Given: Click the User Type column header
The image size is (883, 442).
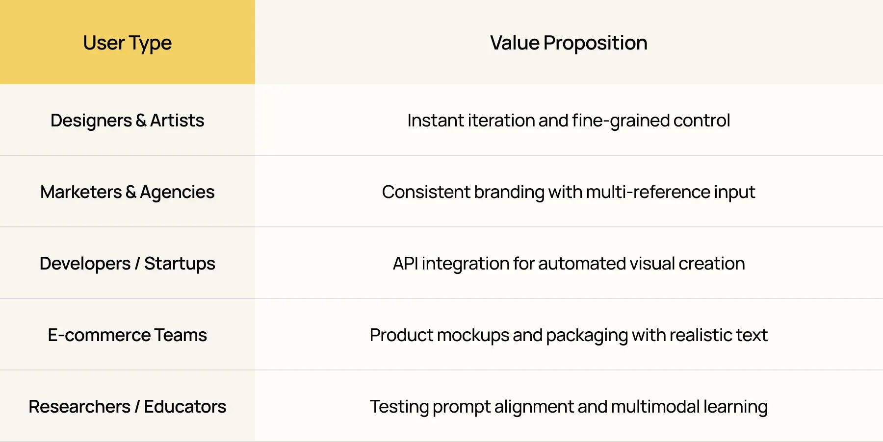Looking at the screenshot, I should [x=127, y=43].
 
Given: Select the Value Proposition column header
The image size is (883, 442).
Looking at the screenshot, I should [x=569, y=43].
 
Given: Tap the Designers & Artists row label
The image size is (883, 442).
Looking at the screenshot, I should [x=127, y=121].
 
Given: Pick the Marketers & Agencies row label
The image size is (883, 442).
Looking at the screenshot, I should [x=127, y=192].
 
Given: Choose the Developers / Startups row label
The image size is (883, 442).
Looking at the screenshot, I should [x=127, y=264].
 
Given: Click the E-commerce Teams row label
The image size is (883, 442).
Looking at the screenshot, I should [x=127, y=335].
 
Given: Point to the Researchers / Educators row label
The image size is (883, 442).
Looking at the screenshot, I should [x=127, y=407].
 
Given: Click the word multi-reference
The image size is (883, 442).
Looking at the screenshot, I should [x=648, y=192].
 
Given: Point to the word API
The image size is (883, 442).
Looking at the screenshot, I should [x=405, y=264].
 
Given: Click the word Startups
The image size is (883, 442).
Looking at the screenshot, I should [x=180, y=264].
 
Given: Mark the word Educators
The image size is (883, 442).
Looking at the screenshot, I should [x=185, y=407].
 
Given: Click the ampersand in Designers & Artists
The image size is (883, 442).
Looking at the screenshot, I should [x=141, y=121].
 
